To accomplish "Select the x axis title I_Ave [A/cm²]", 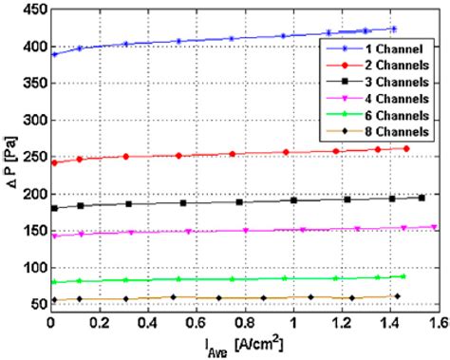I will (x=243, y=346).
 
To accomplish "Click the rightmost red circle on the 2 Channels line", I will (x=406, y=148).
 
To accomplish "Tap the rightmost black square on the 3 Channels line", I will (x=422, y=198).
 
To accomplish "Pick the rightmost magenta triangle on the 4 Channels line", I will (x=434, y=227).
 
